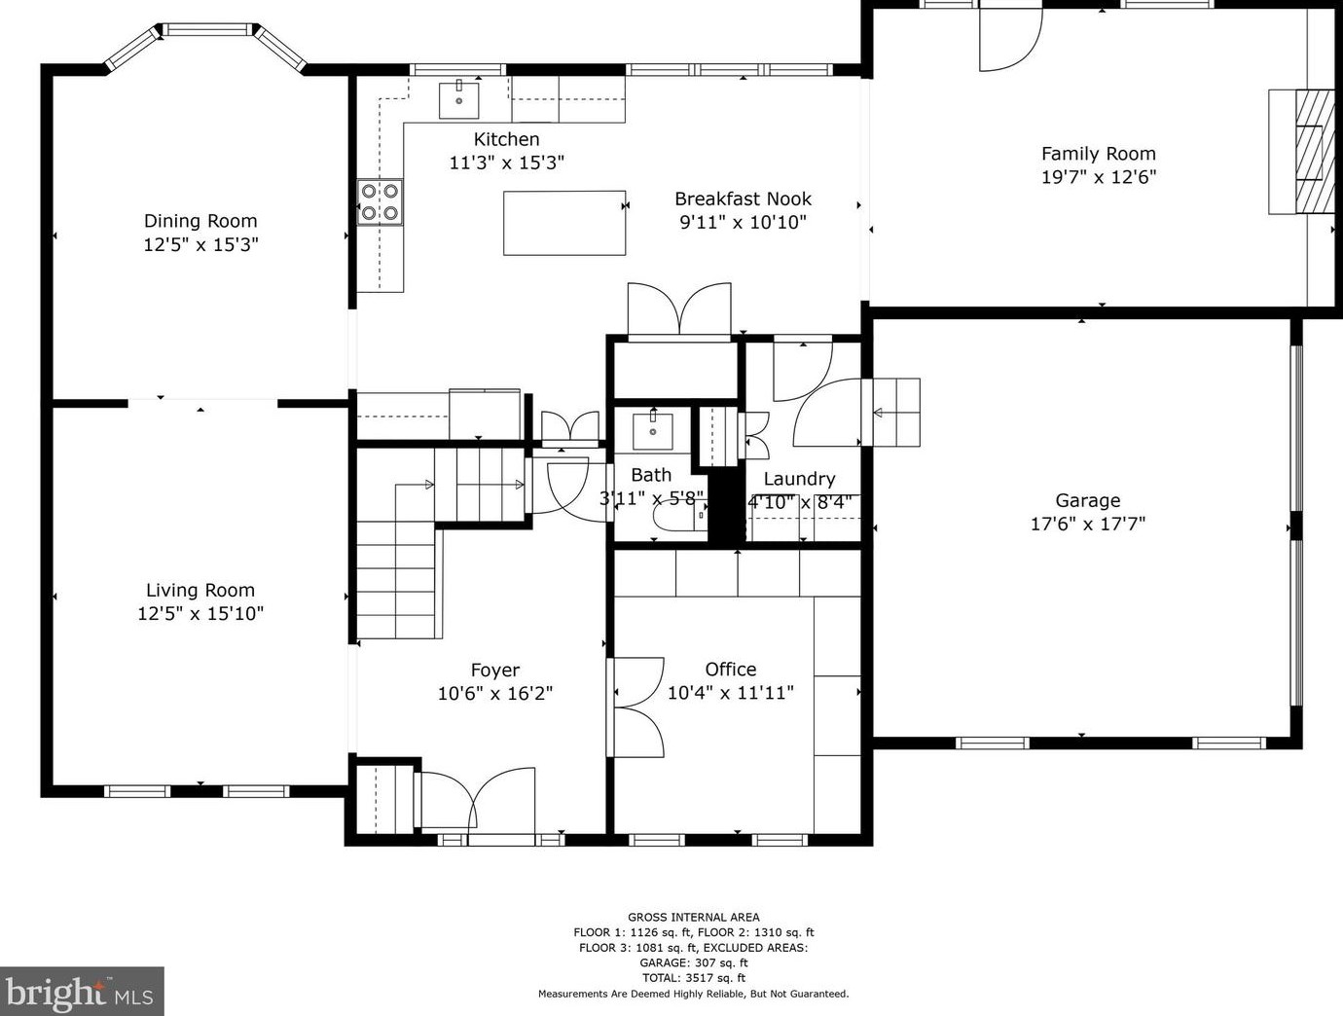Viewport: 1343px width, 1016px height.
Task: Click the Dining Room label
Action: tap(200, 221)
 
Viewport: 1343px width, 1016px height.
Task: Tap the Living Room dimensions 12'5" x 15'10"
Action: tap(200, 613)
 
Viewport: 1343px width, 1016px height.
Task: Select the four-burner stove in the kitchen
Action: tap(380, 201)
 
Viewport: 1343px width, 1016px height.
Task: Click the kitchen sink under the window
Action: tap(459, 100)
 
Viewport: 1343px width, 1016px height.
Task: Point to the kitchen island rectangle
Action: tap(564, 223)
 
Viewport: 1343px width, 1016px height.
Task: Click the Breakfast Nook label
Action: tap(743, 199)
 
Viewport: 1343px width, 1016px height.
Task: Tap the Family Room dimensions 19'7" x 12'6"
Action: tap(1099, 177)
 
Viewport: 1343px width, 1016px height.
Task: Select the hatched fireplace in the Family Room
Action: tap(1314, 152)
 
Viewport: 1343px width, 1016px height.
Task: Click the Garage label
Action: tap(1088, 500)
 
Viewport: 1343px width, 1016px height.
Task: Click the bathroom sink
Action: tap(653, 430)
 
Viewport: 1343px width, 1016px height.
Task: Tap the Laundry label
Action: tap(799, 479)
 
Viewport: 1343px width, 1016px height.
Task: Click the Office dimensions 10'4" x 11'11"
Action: tap(731, 693)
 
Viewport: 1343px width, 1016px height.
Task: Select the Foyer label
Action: tap(495, 670)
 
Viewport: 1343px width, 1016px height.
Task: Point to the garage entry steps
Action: tap(896, 413)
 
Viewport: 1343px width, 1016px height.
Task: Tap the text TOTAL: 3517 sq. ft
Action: tap(693, 978)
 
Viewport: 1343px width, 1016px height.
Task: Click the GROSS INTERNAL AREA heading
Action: tap(693, 917)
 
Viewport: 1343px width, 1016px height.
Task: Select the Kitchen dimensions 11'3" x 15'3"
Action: tap(507, 163)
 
